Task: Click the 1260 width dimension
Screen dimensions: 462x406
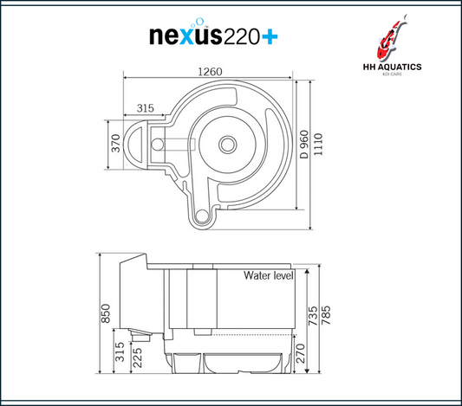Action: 210,72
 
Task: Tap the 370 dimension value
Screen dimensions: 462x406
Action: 116,144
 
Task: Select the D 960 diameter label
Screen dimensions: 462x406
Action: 304,145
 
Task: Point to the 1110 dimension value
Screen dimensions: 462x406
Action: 318,145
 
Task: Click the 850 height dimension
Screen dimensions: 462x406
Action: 106,313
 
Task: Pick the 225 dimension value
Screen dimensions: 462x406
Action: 137,358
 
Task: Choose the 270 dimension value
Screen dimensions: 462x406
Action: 300,353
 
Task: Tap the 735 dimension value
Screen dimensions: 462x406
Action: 313,316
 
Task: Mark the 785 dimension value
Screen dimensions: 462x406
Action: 326,315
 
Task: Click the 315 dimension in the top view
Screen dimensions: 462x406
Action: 146,108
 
